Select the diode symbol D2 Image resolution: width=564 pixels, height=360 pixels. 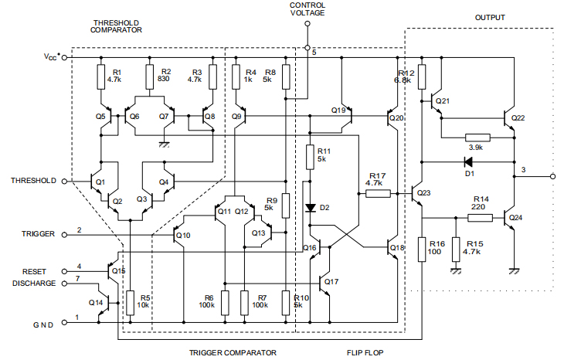click(x=310, y=208)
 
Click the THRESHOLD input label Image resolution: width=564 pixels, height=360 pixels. click(x=33, y=181)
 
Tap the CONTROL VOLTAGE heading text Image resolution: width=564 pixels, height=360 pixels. click(x=307, y=8)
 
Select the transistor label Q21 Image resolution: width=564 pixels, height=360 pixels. click(x=442, y=101)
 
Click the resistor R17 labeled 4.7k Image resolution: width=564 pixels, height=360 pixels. click(x=378, y=193)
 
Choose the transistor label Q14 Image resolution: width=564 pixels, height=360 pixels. click(x=96, y=302)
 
